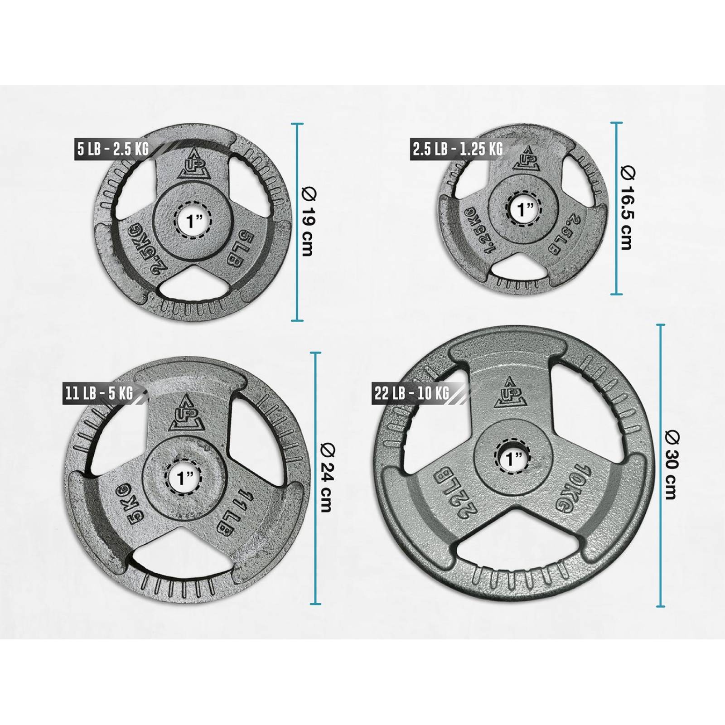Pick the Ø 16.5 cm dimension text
point(628,208)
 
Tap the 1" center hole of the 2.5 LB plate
point(525,209)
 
